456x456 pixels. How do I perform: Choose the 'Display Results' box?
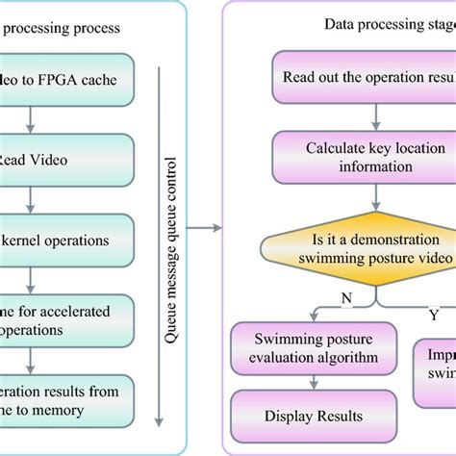pyautogui.click(x=312, y=417)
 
